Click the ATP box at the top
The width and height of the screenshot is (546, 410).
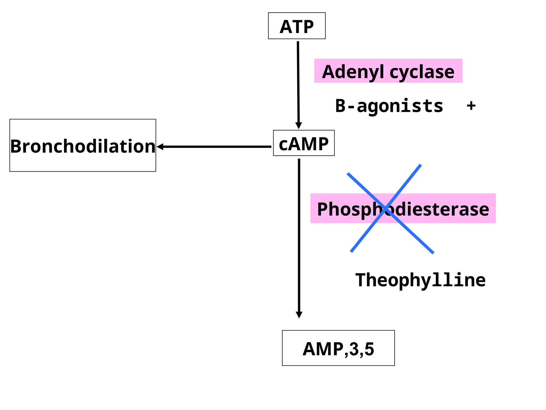pos(296,26)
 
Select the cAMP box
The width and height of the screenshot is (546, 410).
pos(304,143)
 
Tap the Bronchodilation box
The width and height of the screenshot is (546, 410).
pos(83,145)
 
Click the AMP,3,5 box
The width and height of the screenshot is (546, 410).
pos(338,348)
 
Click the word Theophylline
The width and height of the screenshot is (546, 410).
pos(420,280)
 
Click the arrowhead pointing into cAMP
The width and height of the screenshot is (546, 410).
pos(299,125)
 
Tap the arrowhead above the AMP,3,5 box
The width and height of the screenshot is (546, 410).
pos(299,315)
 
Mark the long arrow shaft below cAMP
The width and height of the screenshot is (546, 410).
pos(299,235)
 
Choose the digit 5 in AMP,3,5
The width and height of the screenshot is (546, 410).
pos(369,349)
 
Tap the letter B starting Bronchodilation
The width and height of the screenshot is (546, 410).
pos(16,147)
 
